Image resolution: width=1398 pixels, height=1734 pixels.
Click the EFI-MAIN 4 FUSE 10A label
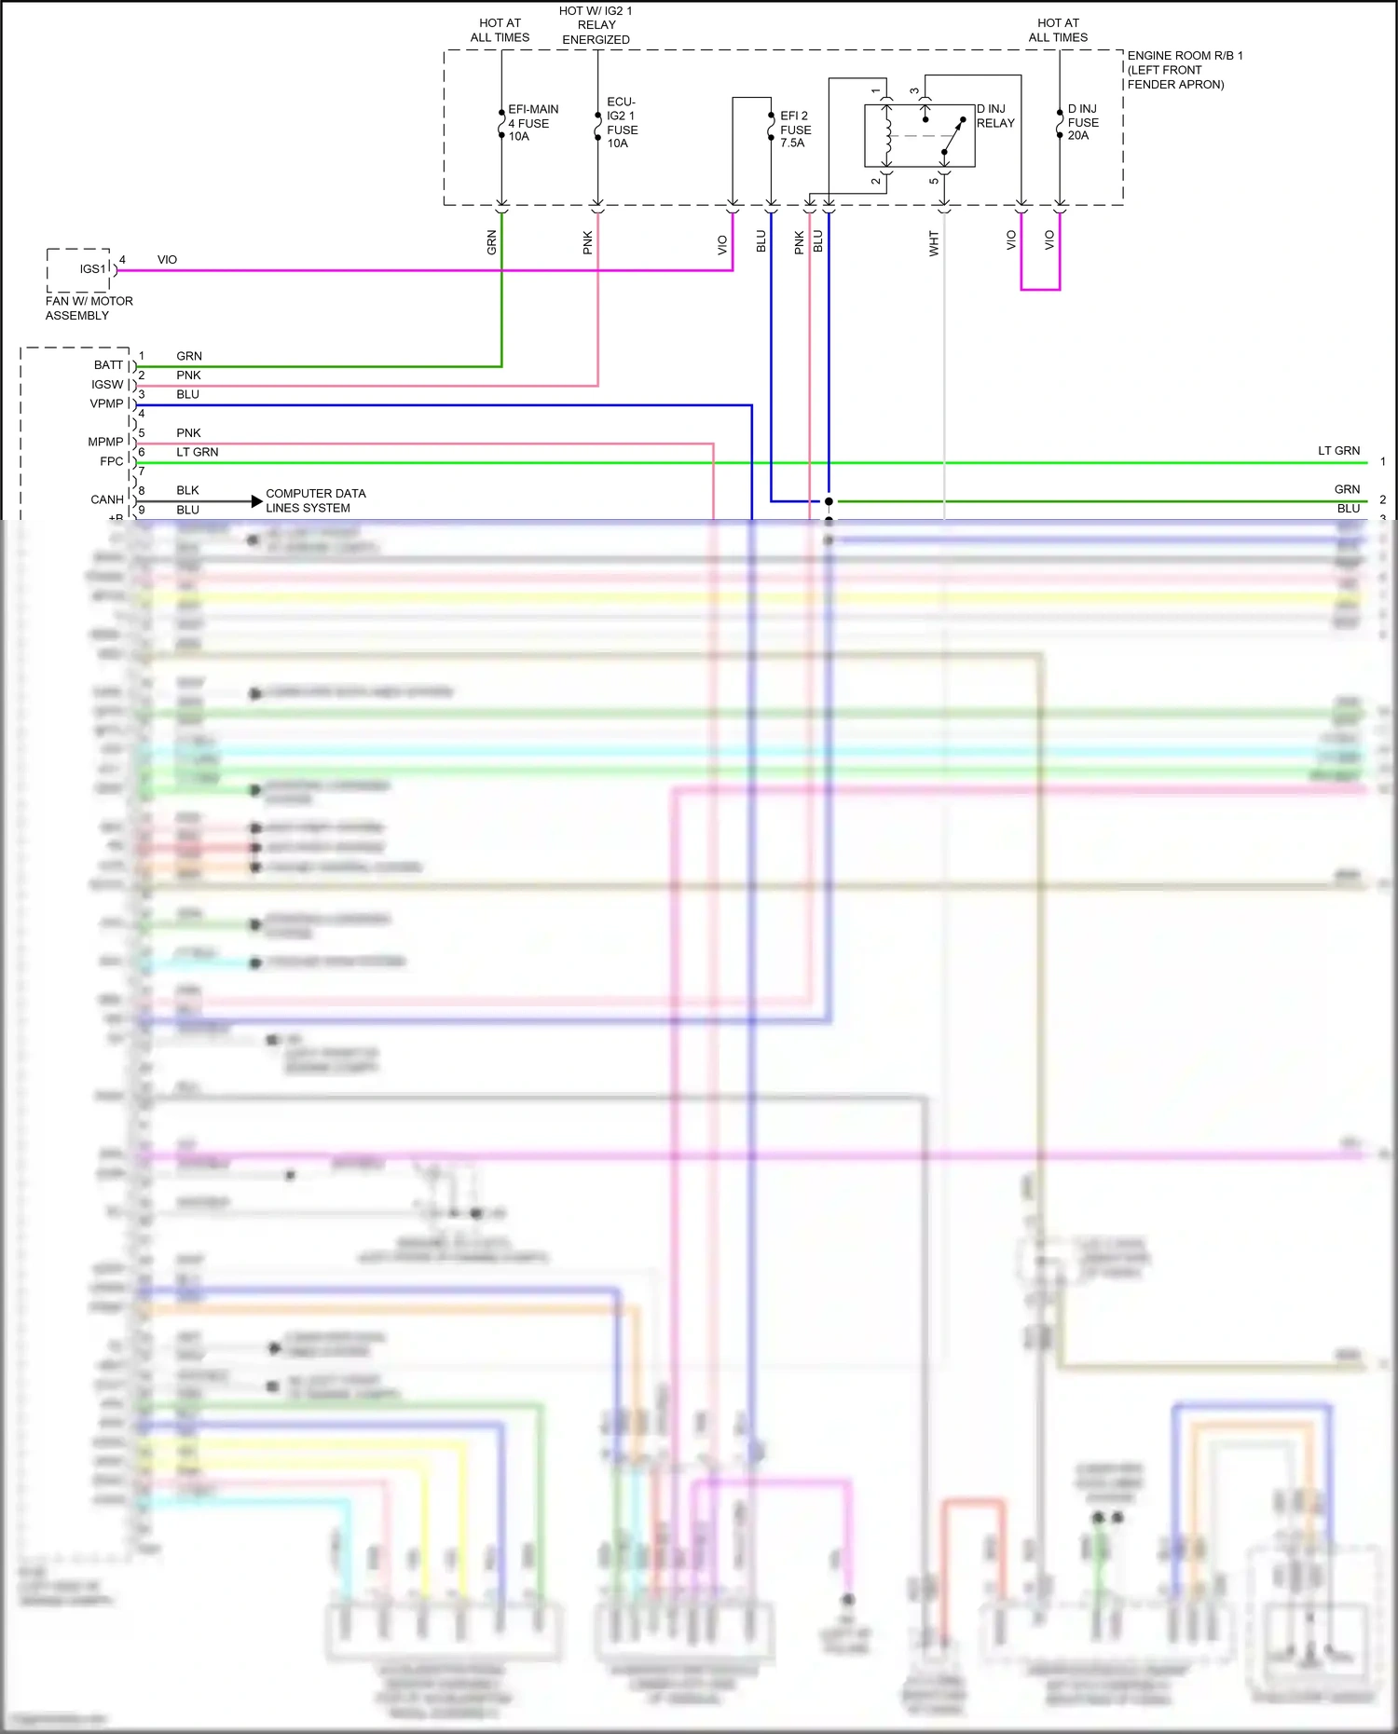pos(532,123)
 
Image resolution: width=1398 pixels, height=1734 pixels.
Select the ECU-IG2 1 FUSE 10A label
pos(622,122)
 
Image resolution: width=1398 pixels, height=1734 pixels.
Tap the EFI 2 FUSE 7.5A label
pos(795,130)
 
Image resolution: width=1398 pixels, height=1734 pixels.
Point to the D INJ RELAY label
pos(994,116)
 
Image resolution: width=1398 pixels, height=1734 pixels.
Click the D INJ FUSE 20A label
pos(1082,122)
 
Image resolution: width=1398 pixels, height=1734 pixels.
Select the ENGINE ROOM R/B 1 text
pos(1184,56)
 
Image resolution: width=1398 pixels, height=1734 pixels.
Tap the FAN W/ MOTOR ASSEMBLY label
pos(89,308)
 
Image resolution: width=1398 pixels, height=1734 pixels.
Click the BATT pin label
pos(108,365)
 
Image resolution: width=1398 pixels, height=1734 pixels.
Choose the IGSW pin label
pos(107,385)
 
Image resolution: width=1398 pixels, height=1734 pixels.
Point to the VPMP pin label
pos(106,403)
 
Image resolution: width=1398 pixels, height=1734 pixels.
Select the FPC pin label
pos(111,461)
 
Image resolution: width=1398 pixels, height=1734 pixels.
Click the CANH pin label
pos(107,499)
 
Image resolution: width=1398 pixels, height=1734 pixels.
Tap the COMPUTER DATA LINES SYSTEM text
pos(315,500)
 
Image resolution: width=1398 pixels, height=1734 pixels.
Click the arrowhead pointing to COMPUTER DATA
pos(257,501)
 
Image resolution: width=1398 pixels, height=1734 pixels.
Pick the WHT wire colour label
pos(934,244)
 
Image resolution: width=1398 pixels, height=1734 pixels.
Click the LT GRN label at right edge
pos(1338,451)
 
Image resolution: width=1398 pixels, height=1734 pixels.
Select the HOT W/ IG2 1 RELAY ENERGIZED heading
pos(596,25)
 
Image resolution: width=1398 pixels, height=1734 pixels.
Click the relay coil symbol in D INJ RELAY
pos(886,136)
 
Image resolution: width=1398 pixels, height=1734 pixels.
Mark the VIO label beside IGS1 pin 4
pos(167,260)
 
